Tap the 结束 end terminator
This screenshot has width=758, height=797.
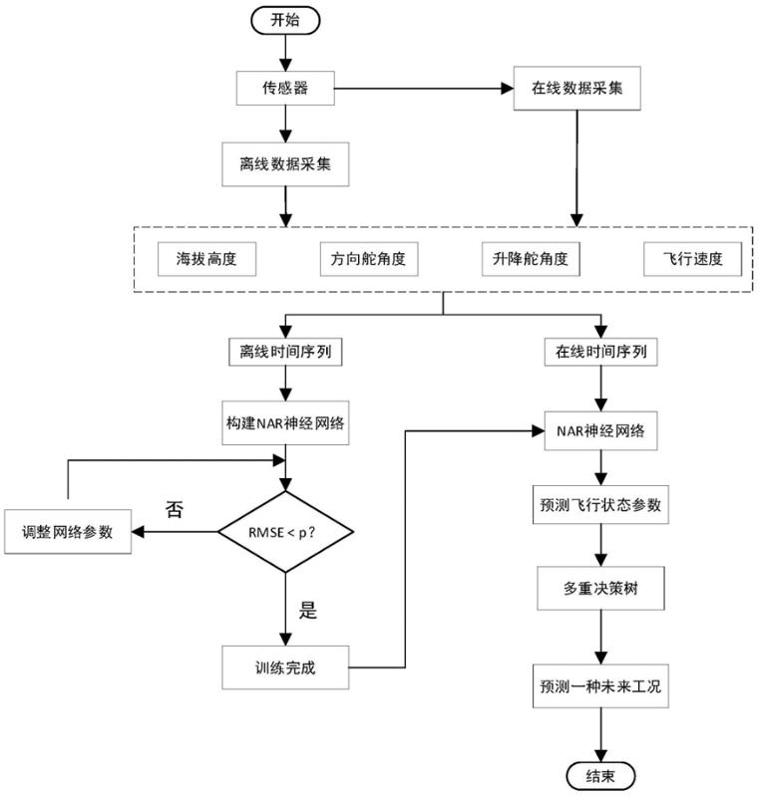coord(600,776)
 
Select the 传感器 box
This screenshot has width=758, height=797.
coord(285,89)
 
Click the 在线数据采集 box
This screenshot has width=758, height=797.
coord(574,88)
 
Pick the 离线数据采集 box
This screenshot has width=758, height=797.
coord(285,165)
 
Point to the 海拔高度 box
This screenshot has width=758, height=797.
coord(207,260)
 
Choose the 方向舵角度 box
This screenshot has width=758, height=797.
coord(368,260)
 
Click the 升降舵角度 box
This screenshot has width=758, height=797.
coord(529,259)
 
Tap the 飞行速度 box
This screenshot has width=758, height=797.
coord(692,260)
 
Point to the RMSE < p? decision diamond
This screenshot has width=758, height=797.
coord(286,532)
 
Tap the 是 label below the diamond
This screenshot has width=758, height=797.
coord(308,611)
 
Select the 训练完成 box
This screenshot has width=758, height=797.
coord(285,665)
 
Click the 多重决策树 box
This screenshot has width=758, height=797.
coord(600,590)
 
